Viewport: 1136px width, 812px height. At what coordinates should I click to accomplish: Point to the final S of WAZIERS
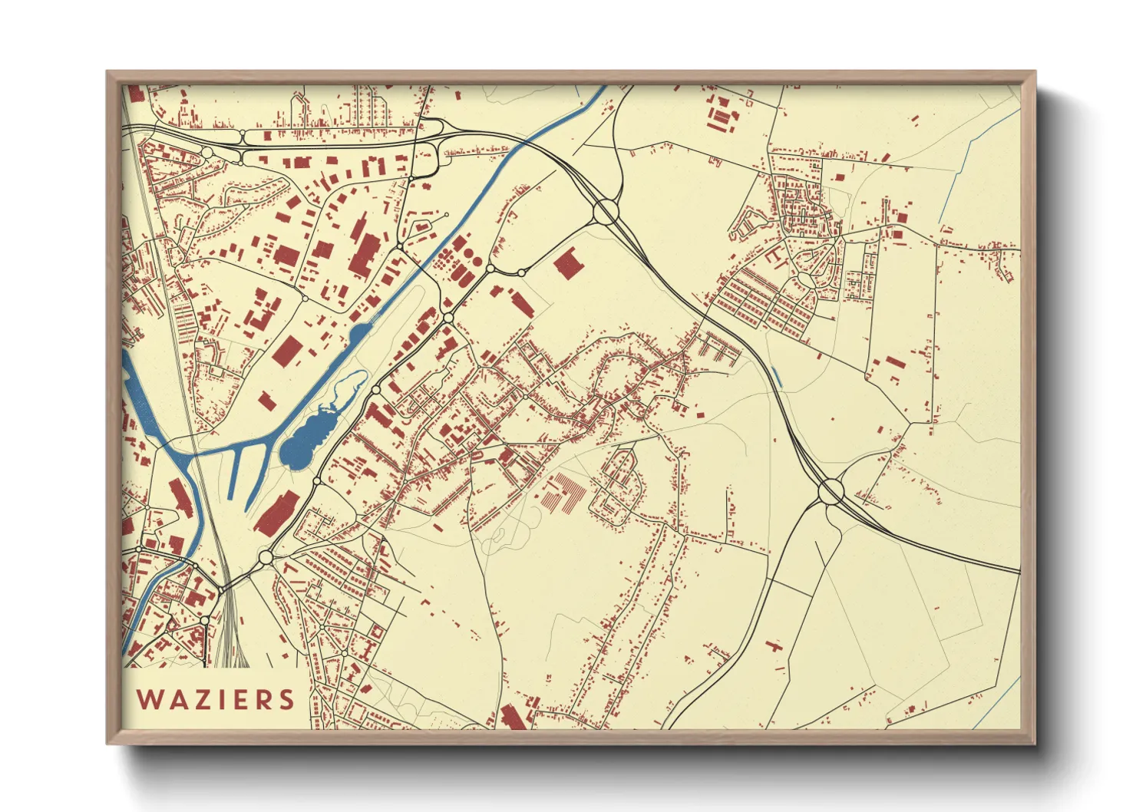click(287, 699)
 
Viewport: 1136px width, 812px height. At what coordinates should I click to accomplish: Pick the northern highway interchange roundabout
click(606, 211)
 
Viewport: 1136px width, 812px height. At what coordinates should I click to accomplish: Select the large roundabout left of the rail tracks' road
click(266, 556)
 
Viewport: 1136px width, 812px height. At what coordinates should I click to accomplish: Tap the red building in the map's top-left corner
click(135, 94)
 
